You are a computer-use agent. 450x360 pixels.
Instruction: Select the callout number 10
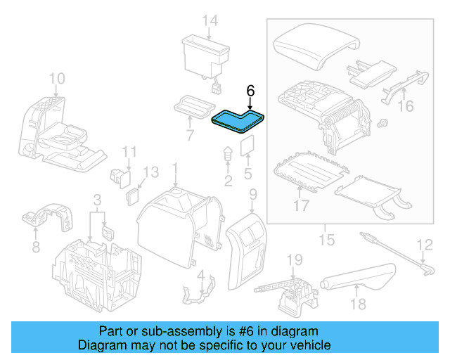tap(57, 78)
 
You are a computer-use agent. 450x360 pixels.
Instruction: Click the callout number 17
tap(302, 206)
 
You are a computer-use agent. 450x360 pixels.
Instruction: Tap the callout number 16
tap(406, 106)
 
